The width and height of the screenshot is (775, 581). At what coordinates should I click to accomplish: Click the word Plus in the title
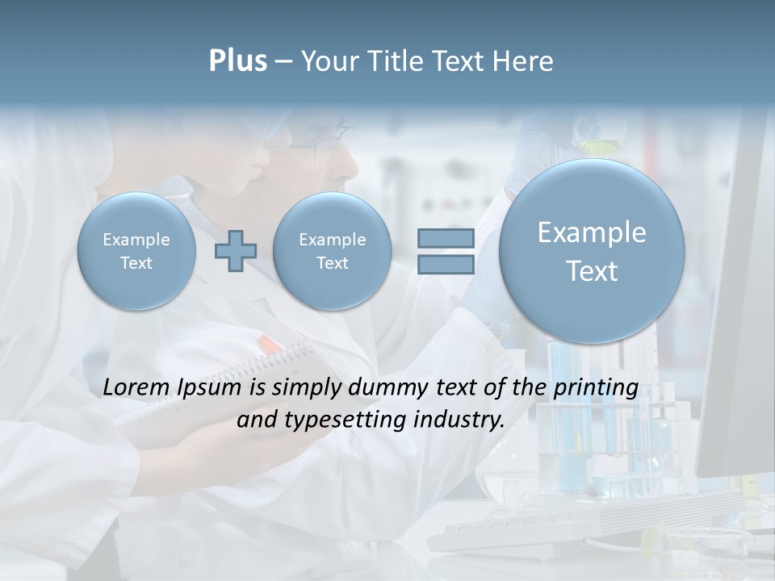click(237, 61)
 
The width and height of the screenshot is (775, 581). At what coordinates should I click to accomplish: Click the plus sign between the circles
click(236, 250)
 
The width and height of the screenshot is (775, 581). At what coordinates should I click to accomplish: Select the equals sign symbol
click(446, 250)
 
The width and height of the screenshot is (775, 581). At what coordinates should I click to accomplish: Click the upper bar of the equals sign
click(446, 238)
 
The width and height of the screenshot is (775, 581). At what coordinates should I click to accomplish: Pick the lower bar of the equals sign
click(446, 264)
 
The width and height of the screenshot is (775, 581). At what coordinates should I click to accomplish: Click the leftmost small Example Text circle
click(136, 250)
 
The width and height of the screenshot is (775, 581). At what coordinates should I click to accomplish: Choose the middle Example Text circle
click(332, 250)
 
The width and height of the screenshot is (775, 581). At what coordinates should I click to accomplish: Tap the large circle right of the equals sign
click(592, 251)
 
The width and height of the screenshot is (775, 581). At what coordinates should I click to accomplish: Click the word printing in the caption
click(596, 388)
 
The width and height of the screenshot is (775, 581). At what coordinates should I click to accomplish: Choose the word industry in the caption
click(459, 420)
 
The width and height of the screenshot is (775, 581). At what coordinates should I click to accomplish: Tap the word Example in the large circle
click(592, 232)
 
